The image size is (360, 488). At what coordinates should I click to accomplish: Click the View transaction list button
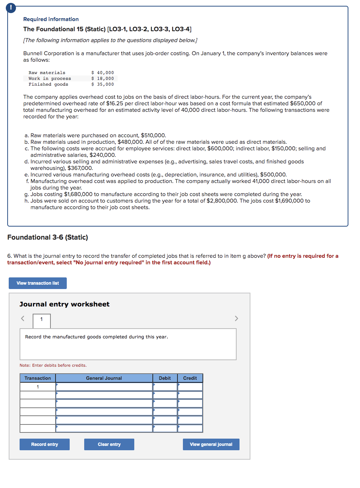pos(38,283)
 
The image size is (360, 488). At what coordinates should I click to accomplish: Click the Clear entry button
pos(109,444)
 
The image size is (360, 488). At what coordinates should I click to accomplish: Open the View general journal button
pos(211,444)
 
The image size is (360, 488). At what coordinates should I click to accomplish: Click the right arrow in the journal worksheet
pos(236,318)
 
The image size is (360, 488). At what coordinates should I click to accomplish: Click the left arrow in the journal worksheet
pos(22,318)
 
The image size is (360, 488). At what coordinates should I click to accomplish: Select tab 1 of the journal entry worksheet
pos(41,320)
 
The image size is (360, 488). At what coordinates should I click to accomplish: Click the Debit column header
pos(165,378)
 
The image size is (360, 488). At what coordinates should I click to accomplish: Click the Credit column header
pos(190,378)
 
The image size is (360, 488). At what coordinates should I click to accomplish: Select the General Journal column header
pos(104,378)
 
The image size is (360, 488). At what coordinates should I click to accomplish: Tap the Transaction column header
pos(38,378)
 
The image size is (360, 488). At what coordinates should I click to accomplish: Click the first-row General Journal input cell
pos(104,387)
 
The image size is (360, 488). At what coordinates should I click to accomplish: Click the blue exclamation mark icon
pos(11,7)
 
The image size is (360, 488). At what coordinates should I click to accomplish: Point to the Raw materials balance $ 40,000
pos(103,73)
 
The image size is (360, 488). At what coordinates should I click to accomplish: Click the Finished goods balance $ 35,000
pos(103,84)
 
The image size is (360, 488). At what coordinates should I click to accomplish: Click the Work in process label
pos(50,78)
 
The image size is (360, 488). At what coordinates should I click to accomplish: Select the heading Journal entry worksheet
pos(65,304)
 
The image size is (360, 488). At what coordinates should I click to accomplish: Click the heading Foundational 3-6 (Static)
pos(48,237)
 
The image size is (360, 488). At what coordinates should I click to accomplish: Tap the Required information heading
pos(51,19)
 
